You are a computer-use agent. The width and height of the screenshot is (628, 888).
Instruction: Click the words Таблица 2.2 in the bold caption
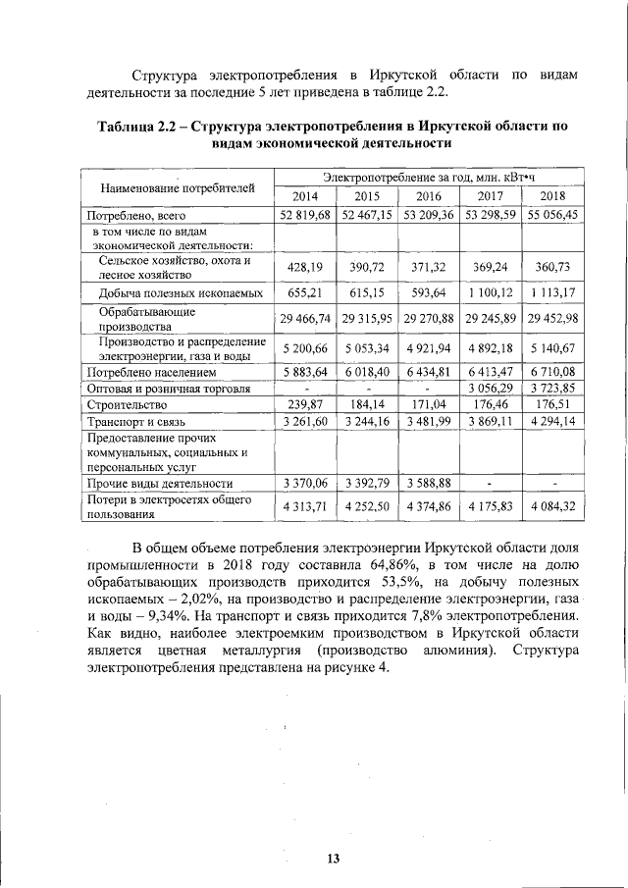pyautogui.click(x=138, y=127)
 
